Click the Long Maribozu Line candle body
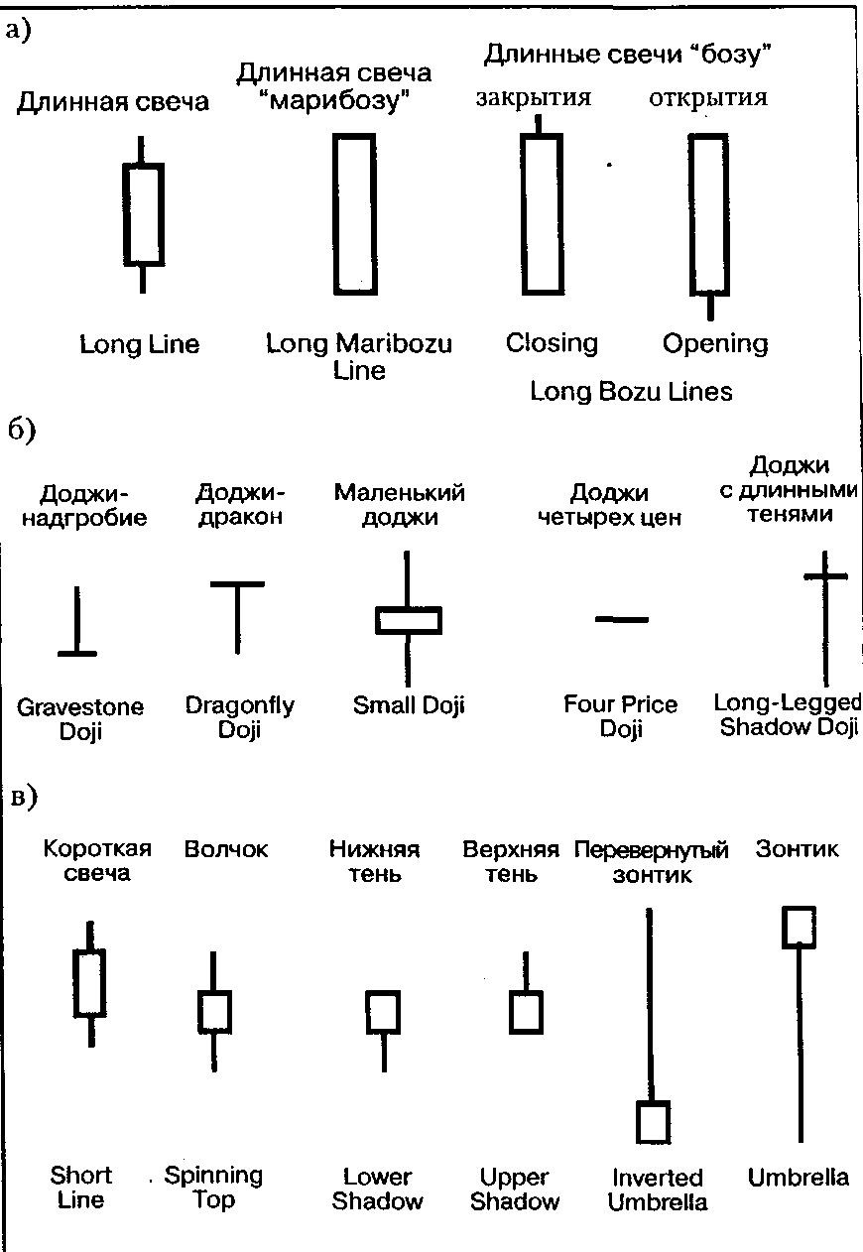(x=354, y=213)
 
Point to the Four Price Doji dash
(x=621, y=619)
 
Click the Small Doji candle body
(x=408, y=619)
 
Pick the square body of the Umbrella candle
(x=800, y=927)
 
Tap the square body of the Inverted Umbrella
(x=653, y=1121)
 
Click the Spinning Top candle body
(x=214, y=1011)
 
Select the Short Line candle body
(x=90, y=982)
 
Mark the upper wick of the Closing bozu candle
(x=539, y=124)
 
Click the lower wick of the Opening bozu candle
(x=710, y=307)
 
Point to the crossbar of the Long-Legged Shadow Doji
(x=825, y=575)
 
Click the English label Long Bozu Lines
(x=631, y=392)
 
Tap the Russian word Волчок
(x=226, y=850)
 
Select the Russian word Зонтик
(x=797, y=848)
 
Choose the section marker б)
(x=21, y=431)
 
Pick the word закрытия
(x=534, y=98)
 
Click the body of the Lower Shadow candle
(x=384, y=1012)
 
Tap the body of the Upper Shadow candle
(x=526, y=1012)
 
